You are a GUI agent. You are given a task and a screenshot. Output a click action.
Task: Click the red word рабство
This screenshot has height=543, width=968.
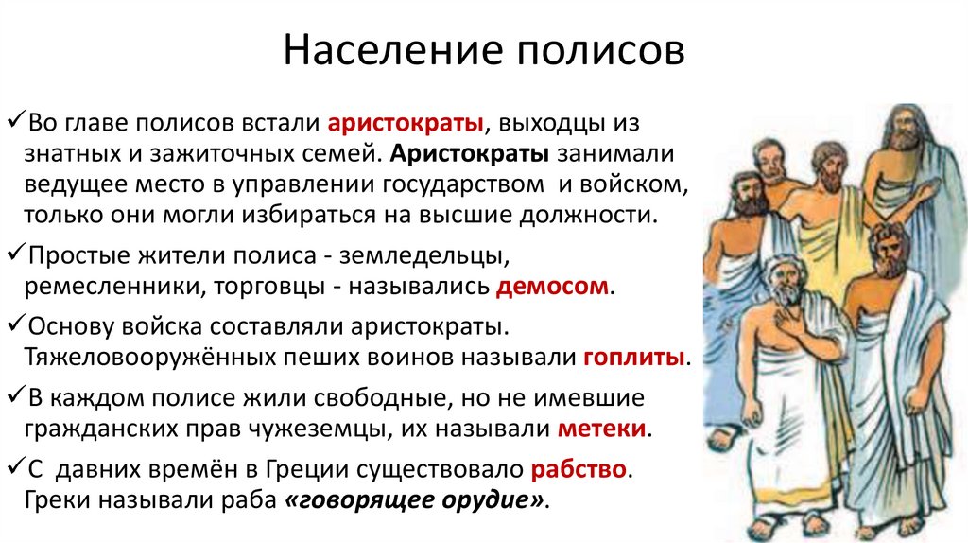pos(579,470)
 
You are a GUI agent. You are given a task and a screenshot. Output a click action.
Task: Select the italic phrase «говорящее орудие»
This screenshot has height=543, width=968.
pos(415,499)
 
